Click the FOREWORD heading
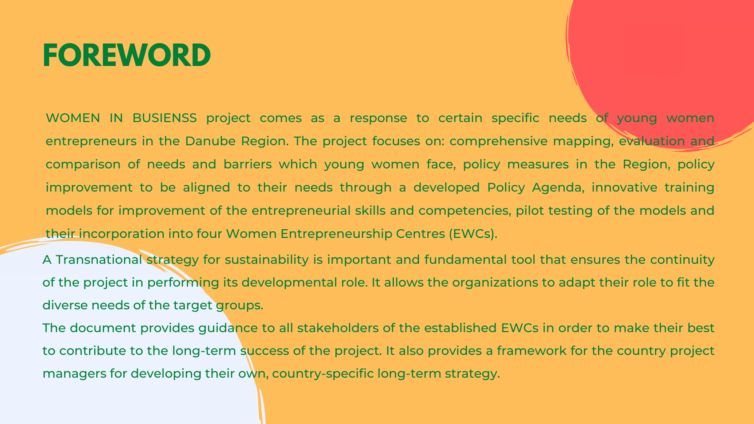click(x=127, y=55)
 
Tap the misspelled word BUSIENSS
click(x=165, y=118)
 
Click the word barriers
click(x=247, y=164)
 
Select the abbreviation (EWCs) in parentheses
click(x=473, y=234)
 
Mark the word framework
click(x=532, y=351)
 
